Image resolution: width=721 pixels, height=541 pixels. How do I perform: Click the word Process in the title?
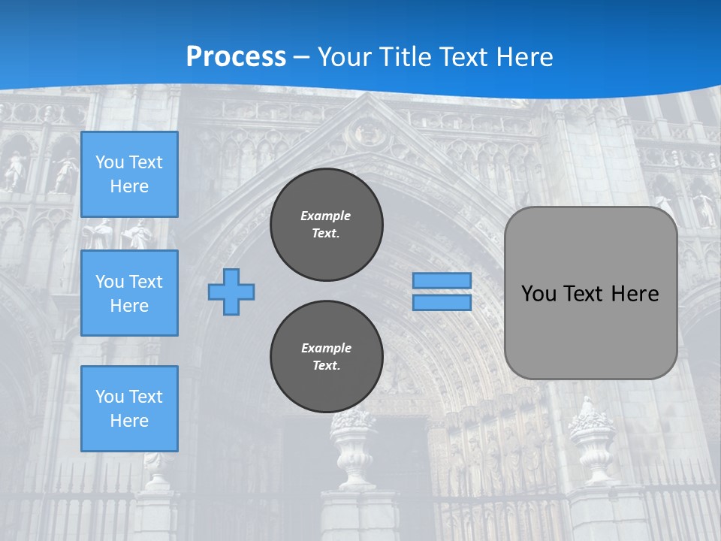(236, 56)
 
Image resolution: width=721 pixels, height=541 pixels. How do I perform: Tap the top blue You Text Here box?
(129, 174)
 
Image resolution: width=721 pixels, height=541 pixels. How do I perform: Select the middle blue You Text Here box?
(129, 293)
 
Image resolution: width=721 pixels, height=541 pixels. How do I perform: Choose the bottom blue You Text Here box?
(129, 409)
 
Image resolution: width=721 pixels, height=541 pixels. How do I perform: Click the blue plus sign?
(231, 292)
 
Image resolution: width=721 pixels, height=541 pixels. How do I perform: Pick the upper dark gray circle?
(327, 225)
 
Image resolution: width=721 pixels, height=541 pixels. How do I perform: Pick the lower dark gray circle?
(327, 357)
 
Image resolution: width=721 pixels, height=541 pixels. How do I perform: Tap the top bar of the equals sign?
(442, 281)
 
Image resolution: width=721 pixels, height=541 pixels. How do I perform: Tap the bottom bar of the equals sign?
(442, 303)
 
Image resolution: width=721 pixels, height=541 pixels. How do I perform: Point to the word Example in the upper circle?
(326, 216)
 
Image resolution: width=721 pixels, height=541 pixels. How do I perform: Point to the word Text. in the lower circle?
(326, 366)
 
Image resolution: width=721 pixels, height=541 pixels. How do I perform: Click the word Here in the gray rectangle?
(635, 293)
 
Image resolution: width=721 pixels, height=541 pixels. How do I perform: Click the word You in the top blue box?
(110, 162)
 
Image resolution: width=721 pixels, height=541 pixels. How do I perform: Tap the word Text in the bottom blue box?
(146, 397)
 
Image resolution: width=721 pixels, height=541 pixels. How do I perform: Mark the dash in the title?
(301, 57)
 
